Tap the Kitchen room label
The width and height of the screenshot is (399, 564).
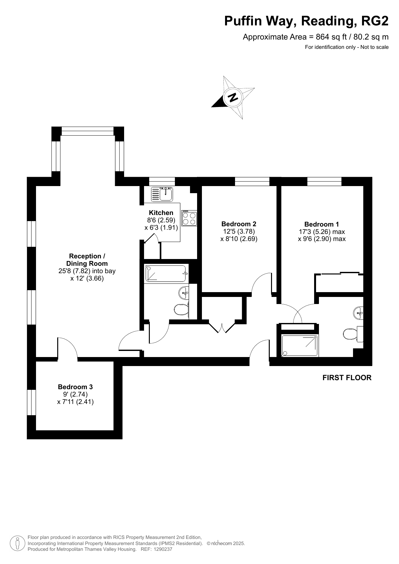(161, 213)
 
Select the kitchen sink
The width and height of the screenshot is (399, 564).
(162, 194)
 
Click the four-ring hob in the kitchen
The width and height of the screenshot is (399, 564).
(189, 218)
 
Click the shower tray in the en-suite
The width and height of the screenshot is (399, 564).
(300, 345)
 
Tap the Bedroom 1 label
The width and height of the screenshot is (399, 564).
(322, 224)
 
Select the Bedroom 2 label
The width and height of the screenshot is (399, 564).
(239, 224)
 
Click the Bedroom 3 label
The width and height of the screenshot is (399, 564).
(75, 387)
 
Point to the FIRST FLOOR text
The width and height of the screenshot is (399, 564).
(347, 378)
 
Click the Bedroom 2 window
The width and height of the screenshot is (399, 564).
(252, 181)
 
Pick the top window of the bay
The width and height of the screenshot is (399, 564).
(87, 131)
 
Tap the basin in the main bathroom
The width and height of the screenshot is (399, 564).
(184, 292)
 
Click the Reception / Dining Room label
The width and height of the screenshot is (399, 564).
(87, 260)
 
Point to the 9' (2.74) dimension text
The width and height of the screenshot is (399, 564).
(75, 394)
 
